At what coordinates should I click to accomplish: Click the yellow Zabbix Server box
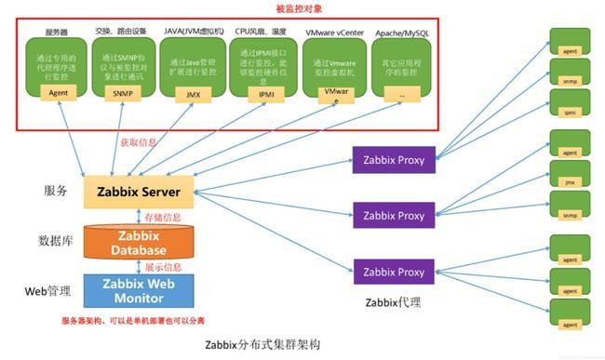tap(139, 192)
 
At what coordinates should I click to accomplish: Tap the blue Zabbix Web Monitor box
tap(139, 290)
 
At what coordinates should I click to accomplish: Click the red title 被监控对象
tap(299, 8)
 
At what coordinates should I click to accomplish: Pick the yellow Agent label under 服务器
tap(58, 93)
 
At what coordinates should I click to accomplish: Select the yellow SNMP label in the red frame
tap(123, 93)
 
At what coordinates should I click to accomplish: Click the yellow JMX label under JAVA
tap(192, 93)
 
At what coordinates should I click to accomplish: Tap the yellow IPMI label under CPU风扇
tap(264, 93)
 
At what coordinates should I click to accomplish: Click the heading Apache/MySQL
tap(402, 33)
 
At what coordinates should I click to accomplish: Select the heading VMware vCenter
tap(334, 32)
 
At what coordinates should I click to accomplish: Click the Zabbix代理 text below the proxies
tap(393, 302)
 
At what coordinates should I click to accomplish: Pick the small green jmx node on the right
tap(569, 182)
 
